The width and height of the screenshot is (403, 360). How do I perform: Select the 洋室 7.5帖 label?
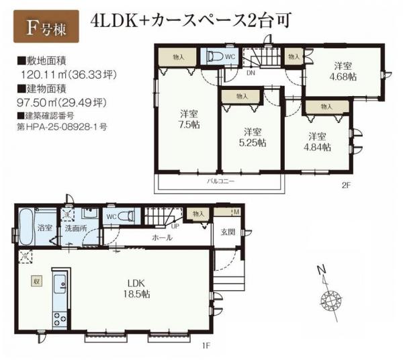tap(187, 118)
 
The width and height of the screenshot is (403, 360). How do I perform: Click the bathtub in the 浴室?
tap(26, 228)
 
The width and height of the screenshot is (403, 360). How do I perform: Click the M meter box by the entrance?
tap(236, 212)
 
